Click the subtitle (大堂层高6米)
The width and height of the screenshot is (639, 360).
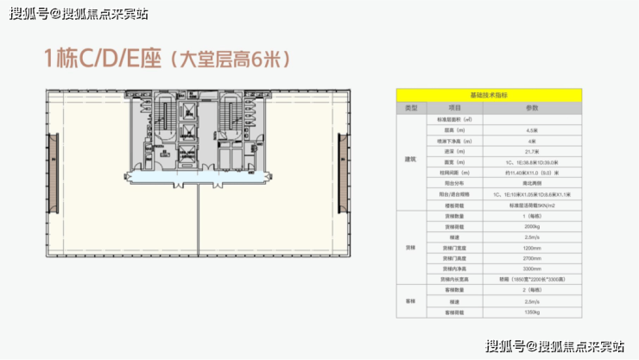226,60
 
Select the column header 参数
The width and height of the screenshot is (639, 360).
532,107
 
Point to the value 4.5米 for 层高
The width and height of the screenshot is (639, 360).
532,129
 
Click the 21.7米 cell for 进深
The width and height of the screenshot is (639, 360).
532,150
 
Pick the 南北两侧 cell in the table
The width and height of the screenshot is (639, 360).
532,182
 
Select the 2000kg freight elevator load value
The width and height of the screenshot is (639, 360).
532,226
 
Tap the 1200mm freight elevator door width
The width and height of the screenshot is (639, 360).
532,248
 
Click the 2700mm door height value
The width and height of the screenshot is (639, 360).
532,258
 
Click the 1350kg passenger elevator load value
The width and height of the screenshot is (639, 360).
532,312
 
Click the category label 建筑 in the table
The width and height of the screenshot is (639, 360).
411,161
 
